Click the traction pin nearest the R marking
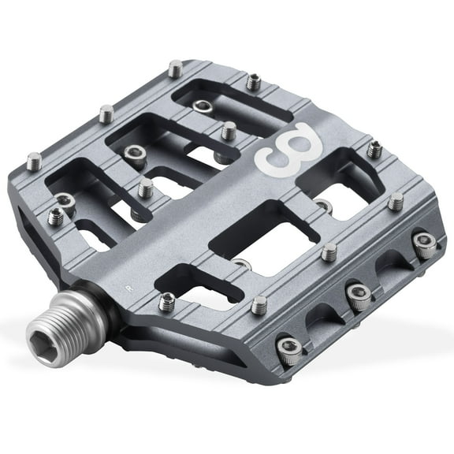tap(166, 301)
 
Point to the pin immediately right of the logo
tap(376, 147)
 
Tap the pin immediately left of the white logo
tap(228, 130)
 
